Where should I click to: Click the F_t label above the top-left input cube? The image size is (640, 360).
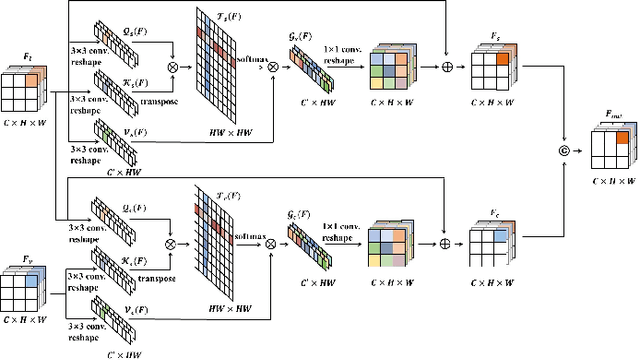point(27,59)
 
